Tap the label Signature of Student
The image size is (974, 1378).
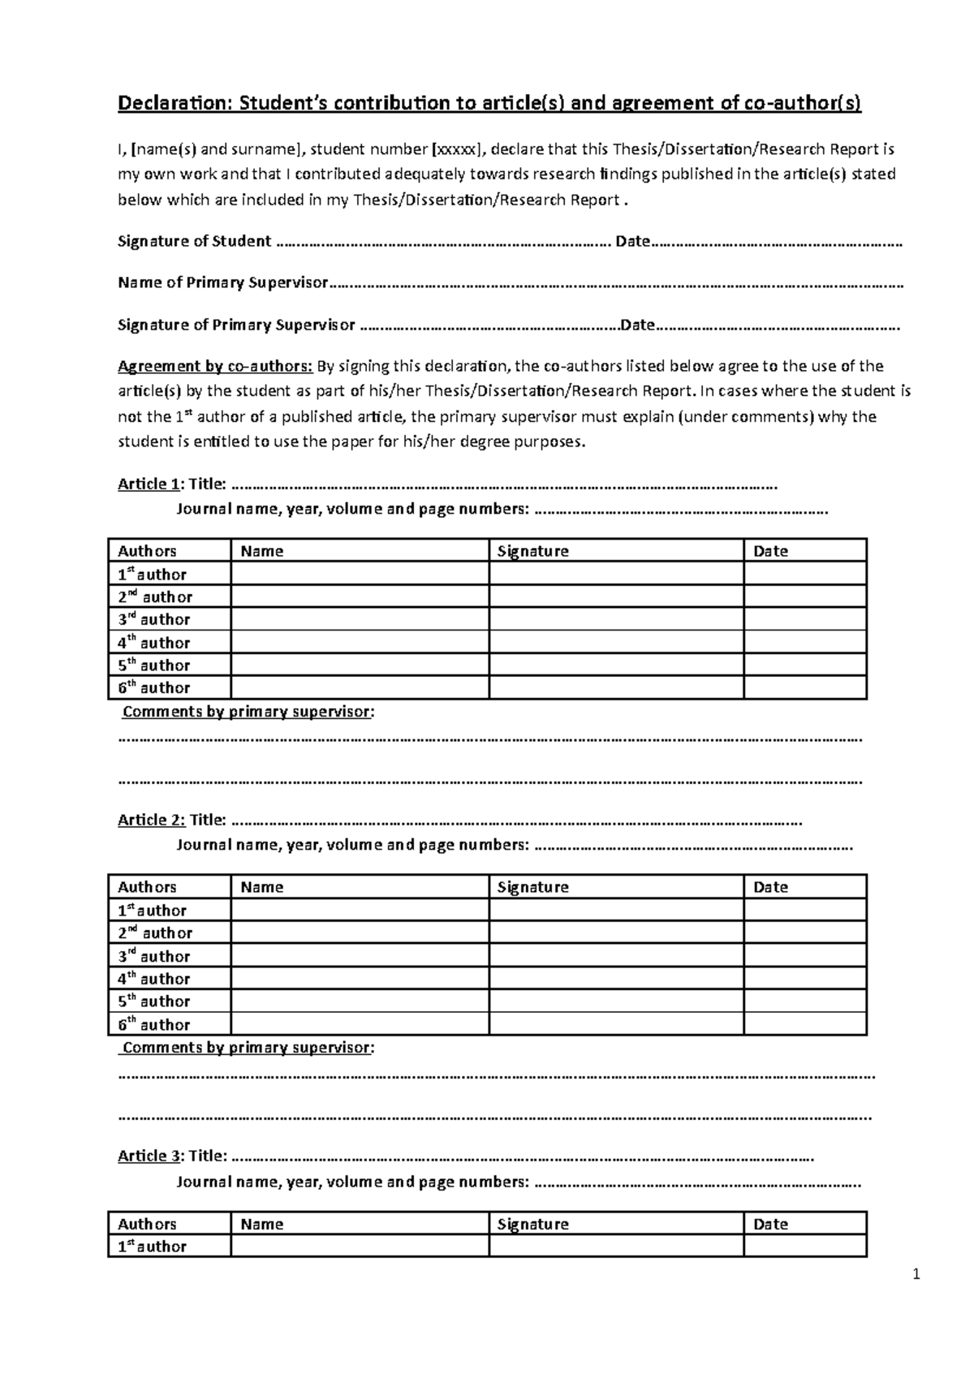pyautogui.click(x=194, y=241)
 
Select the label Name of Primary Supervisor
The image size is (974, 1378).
pyautogui.click(x=222, y=282)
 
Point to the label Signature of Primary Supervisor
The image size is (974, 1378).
pyautogui.click(x=236, y=325)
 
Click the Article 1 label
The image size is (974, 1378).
pyautogui.click(x=149, y=484)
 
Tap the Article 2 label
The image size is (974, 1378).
pyautogui.click(x=151, y=820)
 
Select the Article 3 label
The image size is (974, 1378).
pyautogui.click(x=150, y=1156)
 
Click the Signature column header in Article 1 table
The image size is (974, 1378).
pyautogui.click(x=532, y=551)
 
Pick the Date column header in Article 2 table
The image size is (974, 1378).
pyautogui.click(x=770, y=887)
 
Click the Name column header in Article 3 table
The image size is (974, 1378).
pyautogui.click(x=261, y=1224)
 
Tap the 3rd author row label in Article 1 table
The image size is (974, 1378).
pyautogui.click(x=154, y=619)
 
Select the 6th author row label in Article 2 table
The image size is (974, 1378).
pyautogui.click(x=154, y=1024)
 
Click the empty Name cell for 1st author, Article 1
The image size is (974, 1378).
pyautogui.click(x=360, y=574)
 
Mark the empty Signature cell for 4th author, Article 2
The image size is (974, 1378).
pyautogui.click(x=616, y=979)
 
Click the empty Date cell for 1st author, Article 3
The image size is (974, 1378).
pyautogui.click(x=804, y=1246)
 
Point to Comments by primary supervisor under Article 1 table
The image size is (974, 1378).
pyautogui.click(x=248, y=712)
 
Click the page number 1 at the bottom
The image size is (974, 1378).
pyautogui.click(x=916, y=1275)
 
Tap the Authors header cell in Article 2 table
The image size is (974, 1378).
pyautogui.click(x=147, y=887)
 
